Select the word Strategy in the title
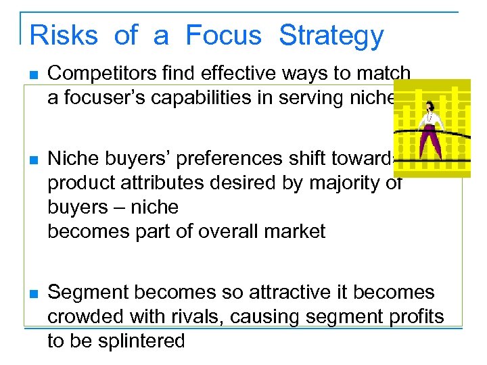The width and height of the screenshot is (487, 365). [x=331, y=35]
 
